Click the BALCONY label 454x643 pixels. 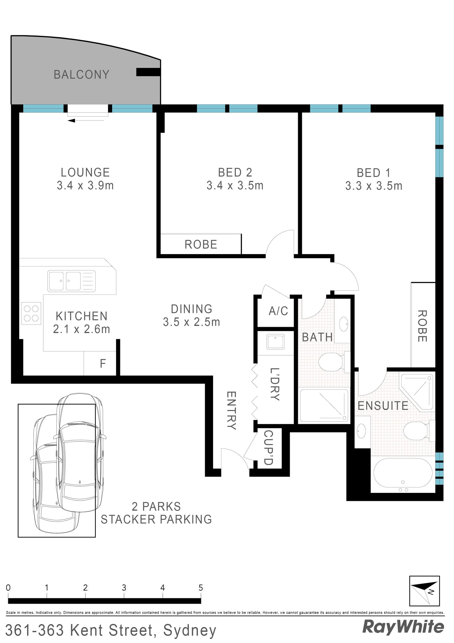(x=81, y=75)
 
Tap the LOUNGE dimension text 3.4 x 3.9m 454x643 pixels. (x=85, y=185)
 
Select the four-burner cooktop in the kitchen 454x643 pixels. (x=31, y=313)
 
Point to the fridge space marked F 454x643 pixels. (x=103, y=363)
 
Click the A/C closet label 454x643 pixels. (x=278, y=311)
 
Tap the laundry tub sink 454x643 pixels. (x=275, y=342)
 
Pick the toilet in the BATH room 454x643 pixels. (x=332, y=362)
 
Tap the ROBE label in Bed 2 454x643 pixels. (x=201, y=245)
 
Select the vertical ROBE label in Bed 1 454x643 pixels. (x=422, y=326)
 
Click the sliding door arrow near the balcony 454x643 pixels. (x=72, y=121)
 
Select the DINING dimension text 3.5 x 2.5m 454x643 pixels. (x=191, y=322)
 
